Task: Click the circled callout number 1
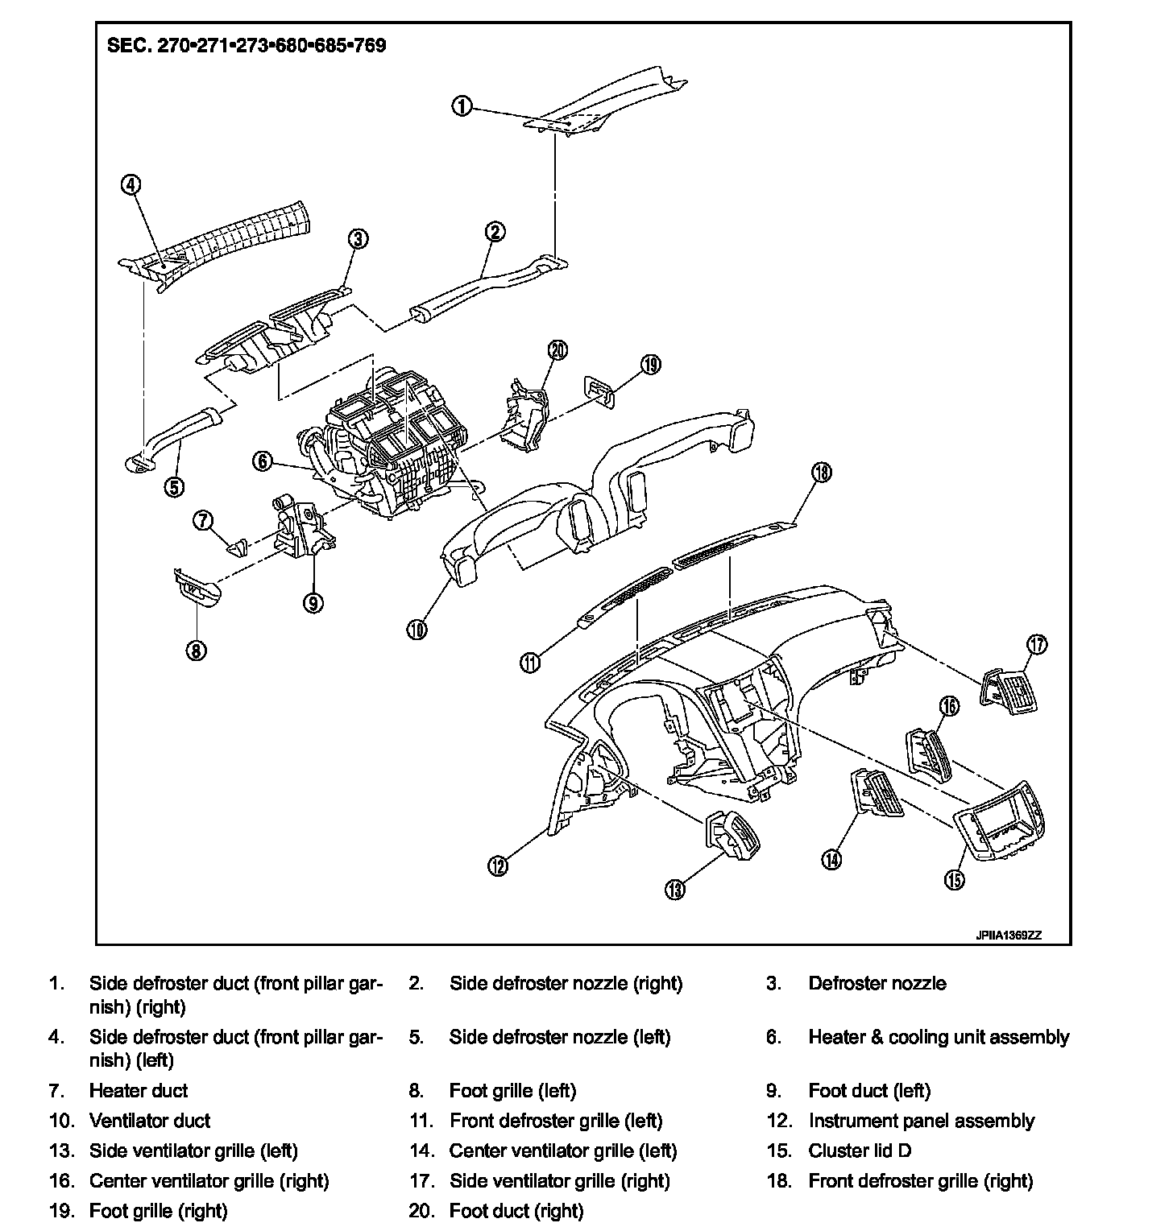tap(462, 106)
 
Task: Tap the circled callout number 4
tap(131, 184)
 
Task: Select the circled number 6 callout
tap(263, 461)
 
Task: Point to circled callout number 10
tap(417, 629)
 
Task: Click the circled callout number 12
tap(498, 866)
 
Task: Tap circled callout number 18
tap(821, 472)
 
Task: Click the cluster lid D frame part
tap(999, 822)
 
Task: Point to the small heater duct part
tap(237, 547)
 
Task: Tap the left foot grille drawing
tap(195, 591)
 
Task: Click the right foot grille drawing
tap(599, 388)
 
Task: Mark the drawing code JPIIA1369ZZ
tap(1009, 936)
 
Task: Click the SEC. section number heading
tap(247, 45)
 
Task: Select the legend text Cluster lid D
tap(860, 1151)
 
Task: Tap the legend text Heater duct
tap(139, 1091)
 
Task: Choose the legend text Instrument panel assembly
tap(921, 1121)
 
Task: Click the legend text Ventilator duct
tap(150, 1121)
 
